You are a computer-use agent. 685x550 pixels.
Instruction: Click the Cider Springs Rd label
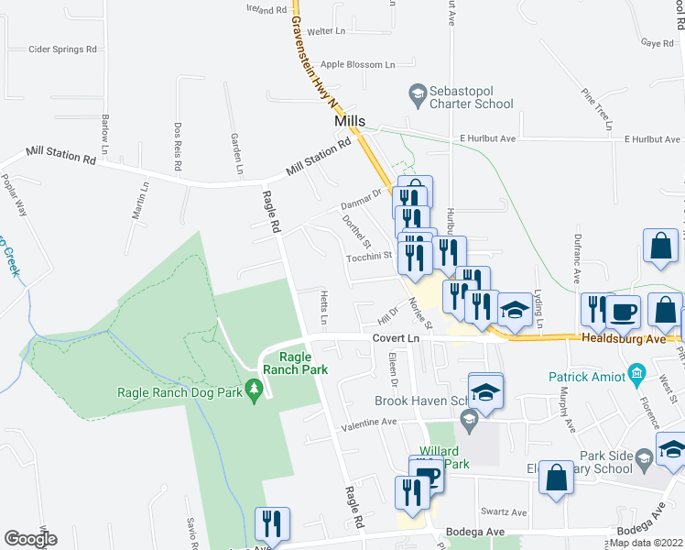62,49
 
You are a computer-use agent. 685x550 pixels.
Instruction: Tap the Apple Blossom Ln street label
357,65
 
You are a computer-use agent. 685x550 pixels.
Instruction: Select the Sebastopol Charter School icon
418,93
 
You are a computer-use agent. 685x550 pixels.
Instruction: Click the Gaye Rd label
658,43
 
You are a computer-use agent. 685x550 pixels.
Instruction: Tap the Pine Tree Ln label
595,108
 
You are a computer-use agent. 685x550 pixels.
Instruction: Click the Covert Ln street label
395,338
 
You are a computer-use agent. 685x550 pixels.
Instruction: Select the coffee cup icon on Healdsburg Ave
623,312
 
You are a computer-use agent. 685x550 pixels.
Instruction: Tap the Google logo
30,539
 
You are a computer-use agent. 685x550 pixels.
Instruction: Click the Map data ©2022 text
646,543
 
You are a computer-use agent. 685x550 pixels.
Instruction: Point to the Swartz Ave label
505,512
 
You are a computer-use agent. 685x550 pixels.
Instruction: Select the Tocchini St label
369,257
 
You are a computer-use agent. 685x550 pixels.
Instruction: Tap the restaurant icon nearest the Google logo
272,524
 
